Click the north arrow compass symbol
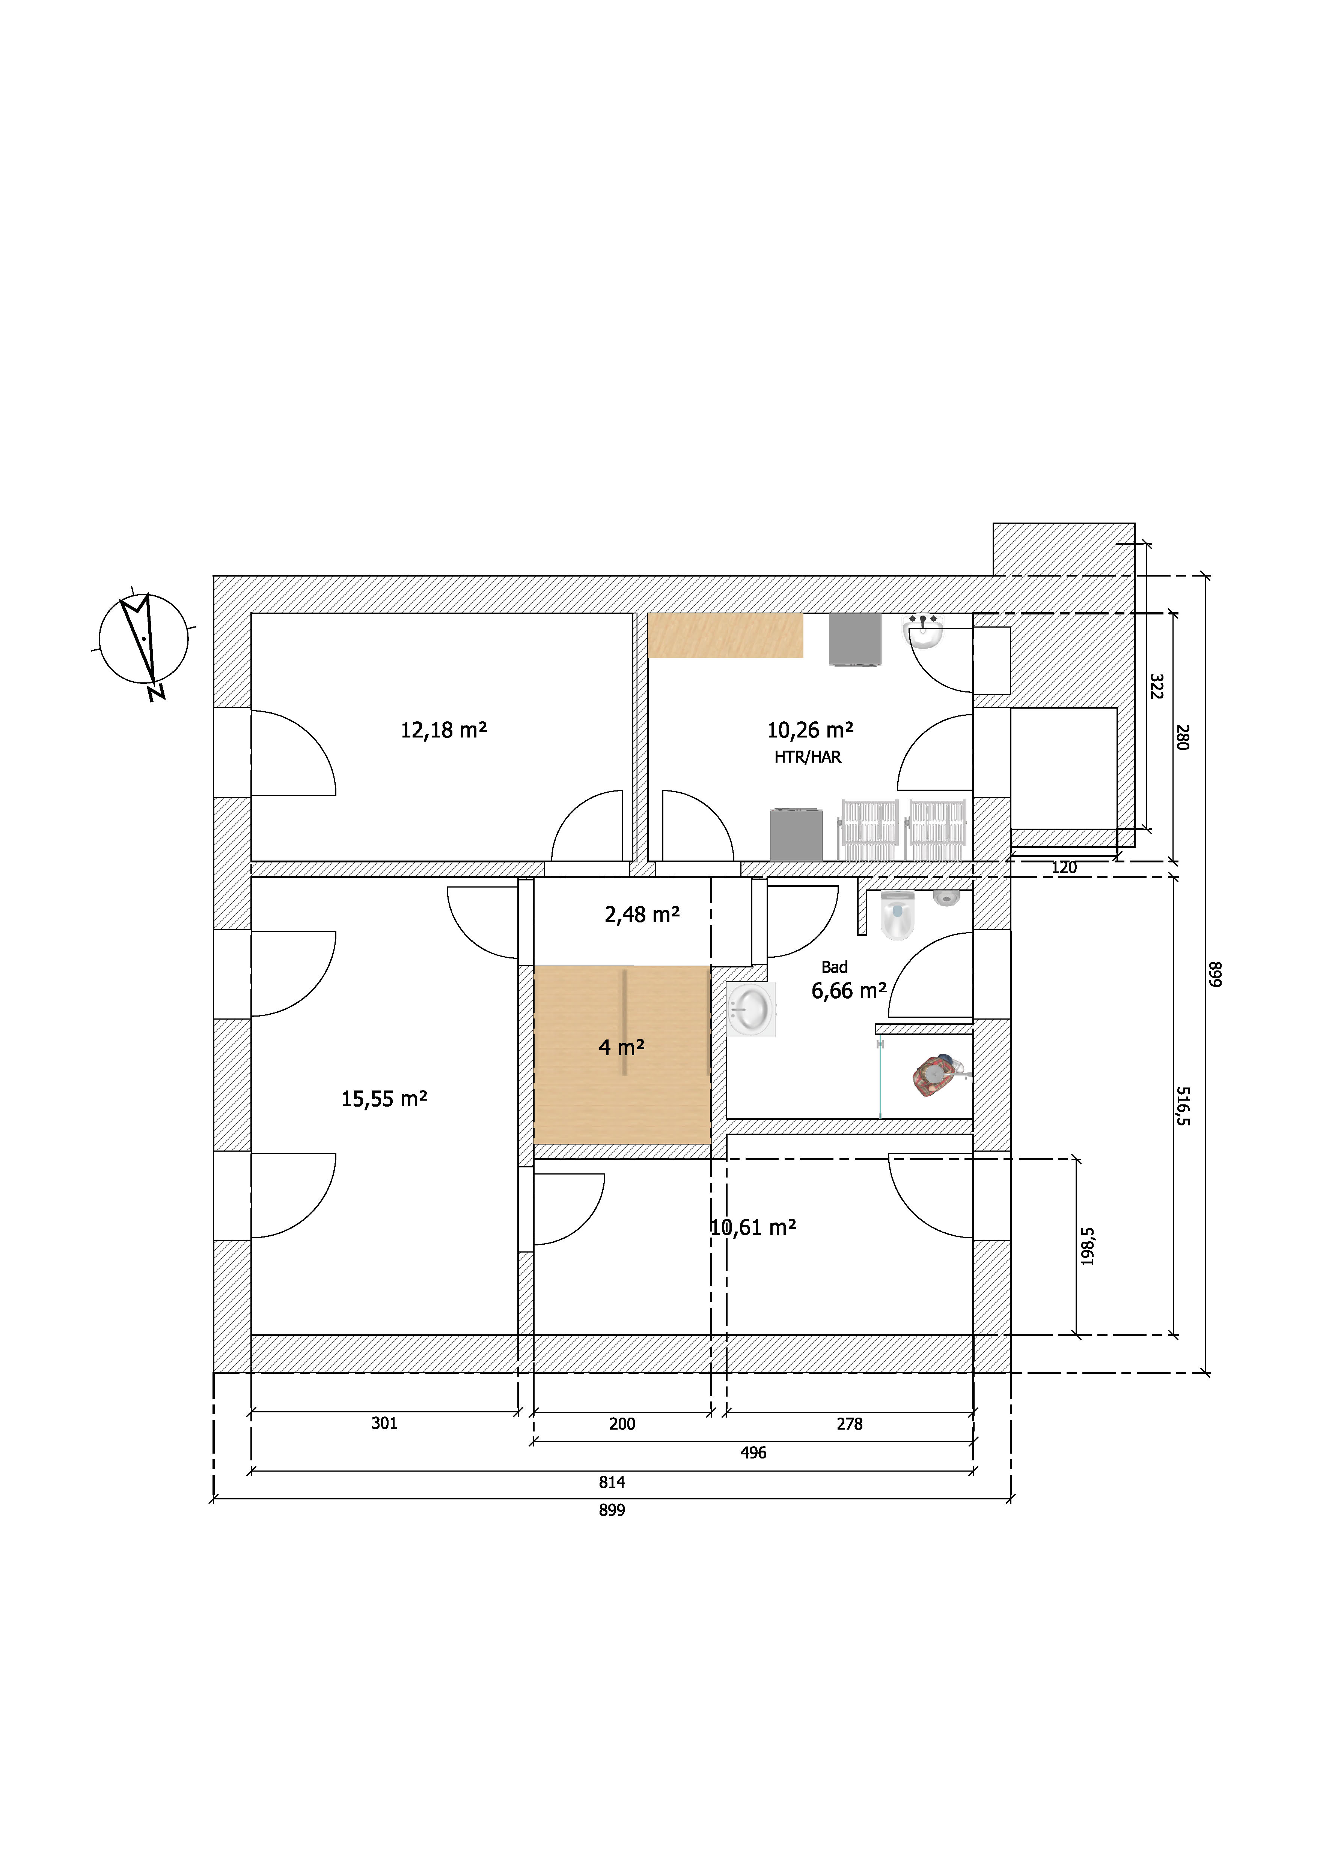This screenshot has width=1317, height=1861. [x=143, y=640]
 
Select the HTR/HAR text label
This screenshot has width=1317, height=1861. [x=808, y=757]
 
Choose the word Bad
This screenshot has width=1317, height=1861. [x=835, y=967]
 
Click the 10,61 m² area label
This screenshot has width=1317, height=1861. [x=753, y=1227]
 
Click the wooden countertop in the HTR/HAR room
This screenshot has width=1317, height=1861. [x=726, y=635]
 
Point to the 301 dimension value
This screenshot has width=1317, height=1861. [x=384, y=1423]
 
